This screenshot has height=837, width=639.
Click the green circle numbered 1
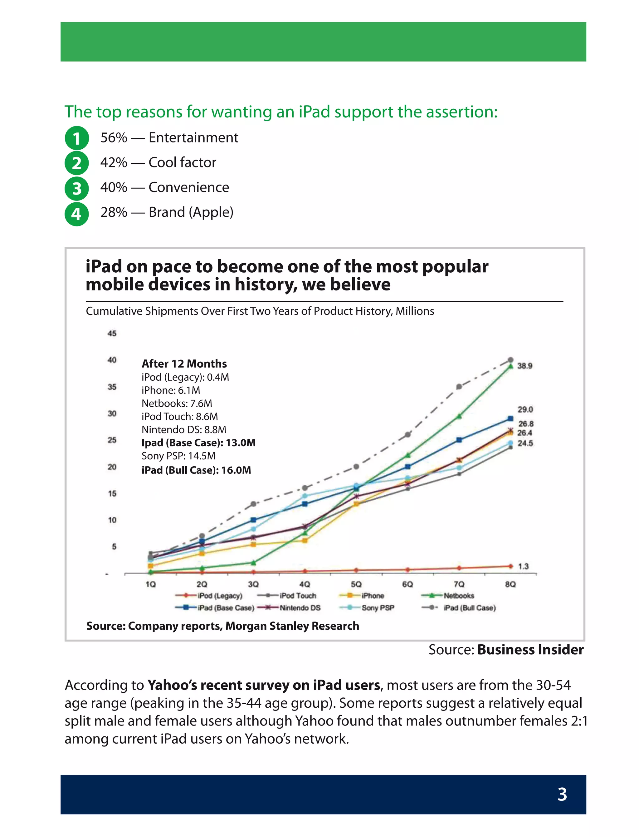point(76,138)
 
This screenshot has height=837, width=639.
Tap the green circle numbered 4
point(76,214)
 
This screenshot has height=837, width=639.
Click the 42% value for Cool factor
point(113,162)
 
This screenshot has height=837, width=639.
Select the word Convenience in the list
point(189,187)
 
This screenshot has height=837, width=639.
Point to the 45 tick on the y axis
point(112,334)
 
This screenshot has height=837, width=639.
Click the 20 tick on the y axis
point(112,467)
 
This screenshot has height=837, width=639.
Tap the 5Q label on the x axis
point(356,584)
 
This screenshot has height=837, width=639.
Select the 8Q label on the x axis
point(510,584)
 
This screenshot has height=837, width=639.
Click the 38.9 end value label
point(524,366)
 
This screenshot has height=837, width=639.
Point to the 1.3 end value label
point(523,566)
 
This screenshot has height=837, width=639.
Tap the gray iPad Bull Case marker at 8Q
point(510,360)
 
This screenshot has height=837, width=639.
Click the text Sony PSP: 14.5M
point(178,456)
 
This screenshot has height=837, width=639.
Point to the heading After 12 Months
point(184,364)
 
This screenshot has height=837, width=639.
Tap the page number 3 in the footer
point(562,795)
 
